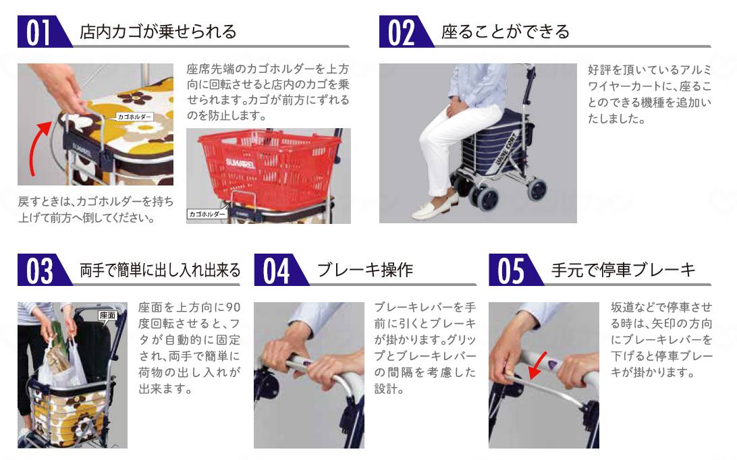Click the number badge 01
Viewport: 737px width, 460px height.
click(x=40, y=32)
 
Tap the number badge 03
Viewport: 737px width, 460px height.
click(x=40, y=271)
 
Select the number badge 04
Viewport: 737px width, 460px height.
click(x=276, y=271)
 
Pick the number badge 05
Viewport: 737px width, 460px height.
click(x=511, y=271)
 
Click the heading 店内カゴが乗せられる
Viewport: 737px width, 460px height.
click(x=158, y=32)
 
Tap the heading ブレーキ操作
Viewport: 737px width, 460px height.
click(x=364, y=270)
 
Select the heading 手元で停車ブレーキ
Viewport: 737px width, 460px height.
click(x=623, y=270)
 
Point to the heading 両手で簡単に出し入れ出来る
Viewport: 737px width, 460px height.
click(x=160, y=270)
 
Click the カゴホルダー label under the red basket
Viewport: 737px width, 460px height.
click(x=207, y=214)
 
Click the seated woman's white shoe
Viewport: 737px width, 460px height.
click(x=430, y=210)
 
